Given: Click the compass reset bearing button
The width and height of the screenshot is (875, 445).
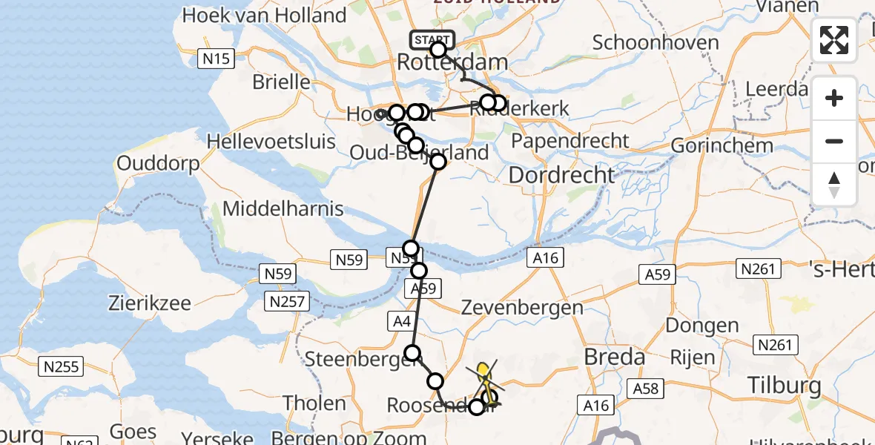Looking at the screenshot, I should point(834,185).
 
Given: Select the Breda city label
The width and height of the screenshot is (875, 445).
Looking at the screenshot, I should point(614,357).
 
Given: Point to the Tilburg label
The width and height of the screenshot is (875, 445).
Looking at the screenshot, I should point(785,386).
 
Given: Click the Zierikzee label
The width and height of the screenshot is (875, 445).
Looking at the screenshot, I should point(149,303).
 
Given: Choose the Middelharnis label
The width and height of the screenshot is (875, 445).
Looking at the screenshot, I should point(283,208).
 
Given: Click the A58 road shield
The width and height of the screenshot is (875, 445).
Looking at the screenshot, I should point(644,388).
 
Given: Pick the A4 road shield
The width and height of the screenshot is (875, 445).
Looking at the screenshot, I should point(401,321).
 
